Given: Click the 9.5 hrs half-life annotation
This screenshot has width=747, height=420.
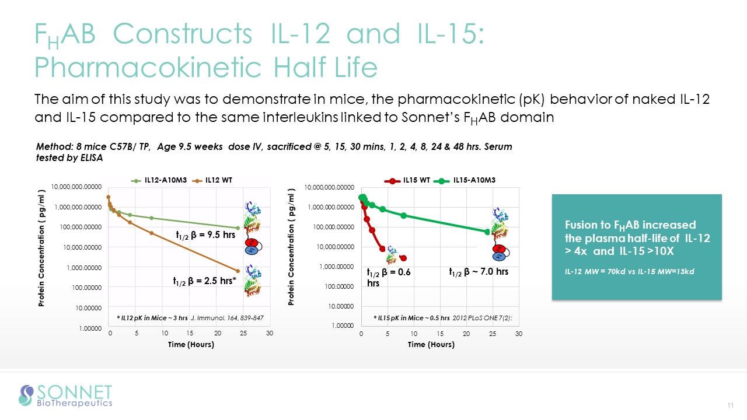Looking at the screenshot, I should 205,235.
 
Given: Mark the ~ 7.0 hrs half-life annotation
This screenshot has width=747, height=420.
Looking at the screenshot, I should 479,272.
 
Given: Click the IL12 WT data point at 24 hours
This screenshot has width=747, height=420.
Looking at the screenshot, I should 238,271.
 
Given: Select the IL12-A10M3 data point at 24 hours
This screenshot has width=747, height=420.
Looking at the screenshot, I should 238,228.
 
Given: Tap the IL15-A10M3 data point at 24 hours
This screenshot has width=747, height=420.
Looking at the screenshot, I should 487,232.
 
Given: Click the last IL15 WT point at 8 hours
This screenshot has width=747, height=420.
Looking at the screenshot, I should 403,258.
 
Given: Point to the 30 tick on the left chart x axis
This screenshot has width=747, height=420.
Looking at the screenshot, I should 269,334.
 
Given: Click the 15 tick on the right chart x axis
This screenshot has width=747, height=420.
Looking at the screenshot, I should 440,334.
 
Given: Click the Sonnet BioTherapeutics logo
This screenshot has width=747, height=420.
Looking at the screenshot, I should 66,395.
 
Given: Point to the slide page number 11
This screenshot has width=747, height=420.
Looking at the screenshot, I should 730,405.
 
